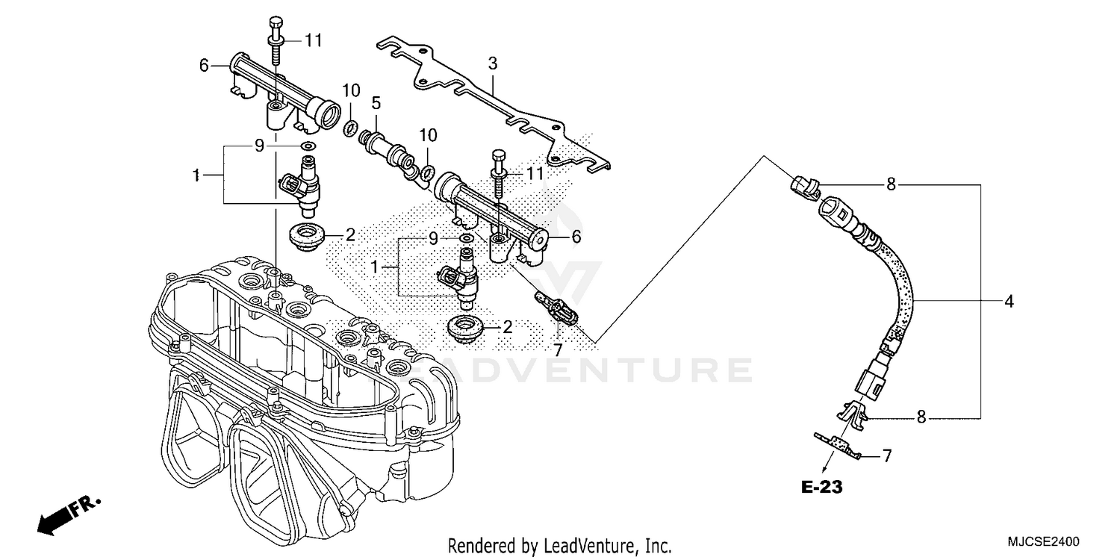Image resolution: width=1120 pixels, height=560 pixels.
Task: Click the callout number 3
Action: coord(492,64)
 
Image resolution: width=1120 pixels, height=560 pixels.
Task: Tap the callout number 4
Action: coord(1009,302)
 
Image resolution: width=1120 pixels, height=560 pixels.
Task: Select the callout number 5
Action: coord(376,102)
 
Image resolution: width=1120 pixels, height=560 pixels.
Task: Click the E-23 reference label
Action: coord(821,488)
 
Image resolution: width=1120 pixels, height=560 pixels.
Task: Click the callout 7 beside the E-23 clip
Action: coord(887,455)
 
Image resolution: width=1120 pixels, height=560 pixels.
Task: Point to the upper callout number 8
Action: coord(890,184)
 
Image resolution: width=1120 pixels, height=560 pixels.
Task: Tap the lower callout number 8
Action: coord(921,417)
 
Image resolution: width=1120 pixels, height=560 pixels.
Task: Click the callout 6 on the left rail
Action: coord(203,66)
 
